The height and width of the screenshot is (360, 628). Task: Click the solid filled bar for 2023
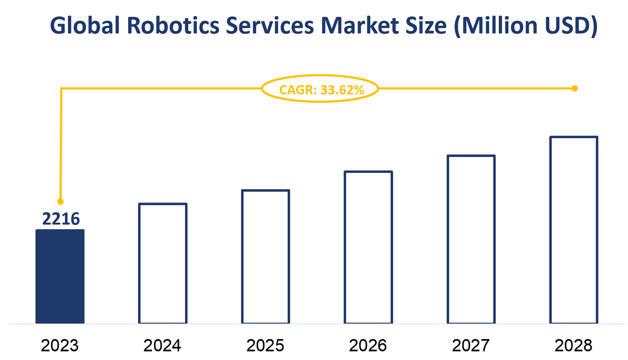[x=60, y=276]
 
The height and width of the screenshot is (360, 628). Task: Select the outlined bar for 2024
[x=163, y=263]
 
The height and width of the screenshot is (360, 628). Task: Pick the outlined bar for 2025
[x=265, y=257]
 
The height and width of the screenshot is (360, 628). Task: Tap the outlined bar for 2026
[x=368, y=247]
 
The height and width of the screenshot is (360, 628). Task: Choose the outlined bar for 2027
[x=471, y=239]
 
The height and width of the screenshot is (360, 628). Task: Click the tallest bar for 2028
[x=574, y=230]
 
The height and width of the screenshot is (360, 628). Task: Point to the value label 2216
[x=61, y=219]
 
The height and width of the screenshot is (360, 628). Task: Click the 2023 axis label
[x=60, y=345]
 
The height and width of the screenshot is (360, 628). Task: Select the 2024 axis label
[x=162, y=345]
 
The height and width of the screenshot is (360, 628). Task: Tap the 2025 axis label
[x=265, y=345]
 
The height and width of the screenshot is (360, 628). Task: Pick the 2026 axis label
[x=368, y=345]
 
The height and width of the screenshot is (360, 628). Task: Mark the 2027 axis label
[x=471, y=345]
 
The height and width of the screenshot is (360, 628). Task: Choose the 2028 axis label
[x=574, y=345]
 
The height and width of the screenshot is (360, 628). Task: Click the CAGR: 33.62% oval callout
[x=320, y=89]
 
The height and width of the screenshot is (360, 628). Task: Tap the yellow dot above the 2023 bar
[x=60, y=201]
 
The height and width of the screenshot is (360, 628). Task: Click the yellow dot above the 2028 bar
[x=574, y=89]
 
